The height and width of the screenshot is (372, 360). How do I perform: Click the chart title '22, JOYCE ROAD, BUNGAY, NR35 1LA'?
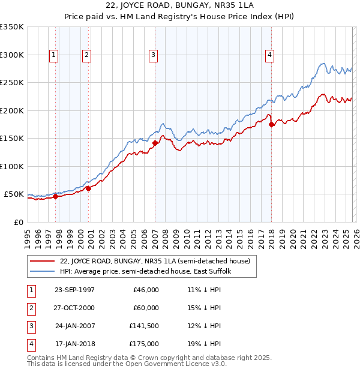point(179,7)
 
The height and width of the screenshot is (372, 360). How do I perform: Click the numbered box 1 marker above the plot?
point(54,55)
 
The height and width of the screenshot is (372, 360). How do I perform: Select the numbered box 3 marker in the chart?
point(153,55)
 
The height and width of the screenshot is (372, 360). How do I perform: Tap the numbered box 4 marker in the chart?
point(270,55)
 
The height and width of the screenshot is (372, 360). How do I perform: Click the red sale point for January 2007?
point(155,143)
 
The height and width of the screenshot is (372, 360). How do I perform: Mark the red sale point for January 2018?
point(271,124)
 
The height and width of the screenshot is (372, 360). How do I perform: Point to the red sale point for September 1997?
point(55,196)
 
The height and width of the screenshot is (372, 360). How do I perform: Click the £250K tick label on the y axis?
point(12,82)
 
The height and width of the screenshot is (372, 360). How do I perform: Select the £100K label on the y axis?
point(12,166)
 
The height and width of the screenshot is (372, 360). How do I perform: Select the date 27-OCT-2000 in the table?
point(74,308)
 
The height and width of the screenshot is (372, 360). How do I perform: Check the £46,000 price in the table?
point(146,290)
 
